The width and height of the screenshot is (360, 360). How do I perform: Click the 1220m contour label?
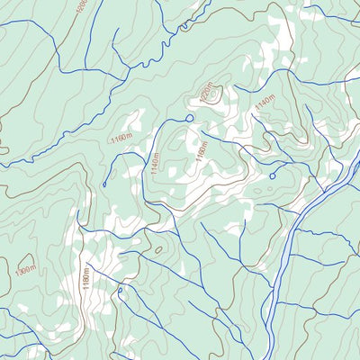(x=208, y=93)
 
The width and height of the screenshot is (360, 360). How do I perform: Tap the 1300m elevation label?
(x=26, y=268)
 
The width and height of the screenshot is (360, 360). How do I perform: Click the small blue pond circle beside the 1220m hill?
(x=189, y=117)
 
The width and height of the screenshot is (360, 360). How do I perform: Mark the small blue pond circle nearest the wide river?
(x=272, y=175)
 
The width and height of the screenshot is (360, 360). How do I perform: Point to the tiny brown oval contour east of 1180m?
(x=158, y=250)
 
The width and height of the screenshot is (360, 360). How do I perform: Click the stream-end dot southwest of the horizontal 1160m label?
(x=104, y=185)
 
